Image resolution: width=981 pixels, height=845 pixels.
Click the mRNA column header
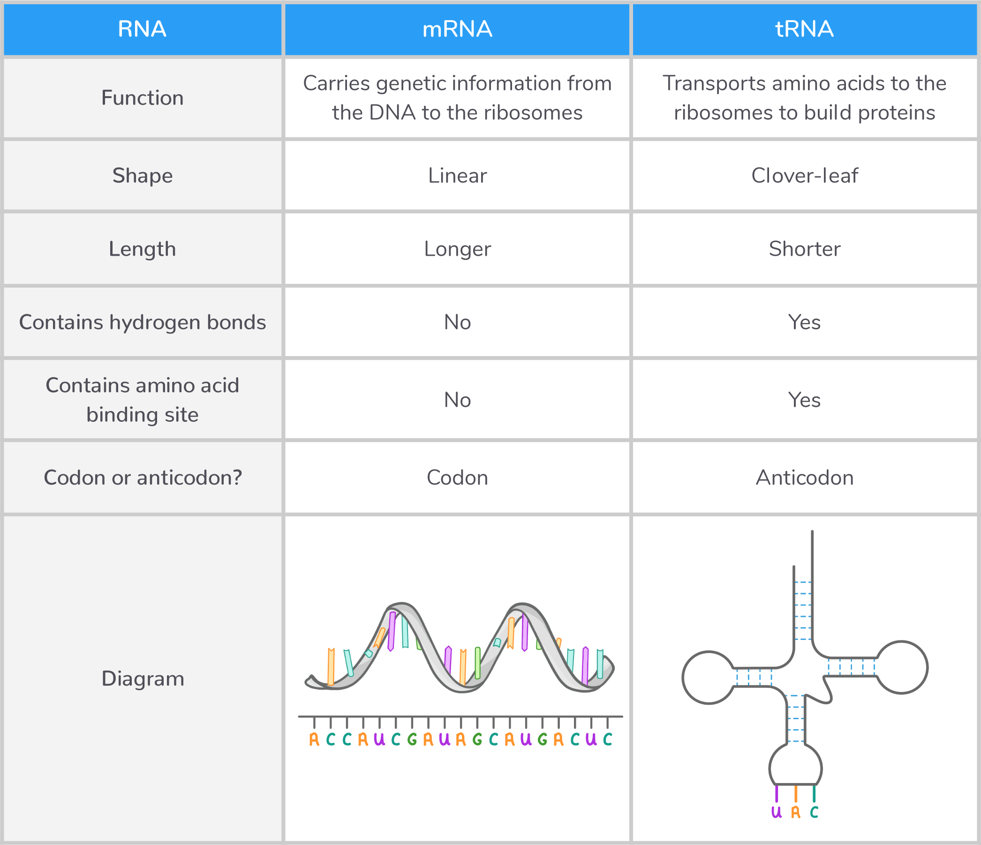coord(457,30)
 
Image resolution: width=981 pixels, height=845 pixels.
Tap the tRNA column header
coord(804,30)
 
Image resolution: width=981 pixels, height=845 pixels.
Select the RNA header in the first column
coord(142,30)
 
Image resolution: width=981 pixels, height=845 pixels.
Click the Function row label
coord(142,98)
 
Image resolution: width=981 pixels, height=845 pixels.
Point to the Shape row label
coord(142,176)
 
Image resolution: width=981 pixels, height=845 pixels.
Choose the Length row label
coord(142,249)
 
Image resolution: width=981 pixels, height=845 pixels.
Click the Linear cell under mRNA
coord(457,176)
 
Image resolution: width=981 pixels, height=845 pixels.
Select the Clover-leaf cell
coord(804,176)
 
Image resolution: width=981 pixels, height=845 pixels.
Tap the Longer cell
coord(457,249)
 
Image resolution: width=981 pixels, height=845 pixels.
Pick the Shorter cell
coord(804,249)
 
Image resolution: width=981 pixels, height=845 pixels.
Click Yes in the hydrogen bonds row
coord(804,322)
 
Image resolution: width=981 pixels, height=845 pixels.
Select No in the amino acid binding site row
coord(457,400)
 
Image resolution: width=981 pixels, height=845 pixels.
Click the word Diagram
coord(142,679)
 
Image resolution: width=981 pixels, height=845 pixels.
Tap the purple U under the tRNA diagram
coord(776,812)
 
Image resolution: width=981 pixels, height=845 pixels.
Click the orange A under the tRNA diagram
coord(796,812)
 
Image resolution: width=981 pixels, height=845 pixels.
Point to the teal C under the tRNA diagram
coord(814,812)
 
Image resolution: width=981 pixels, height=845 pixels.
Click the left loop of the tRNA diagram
coord(708,678)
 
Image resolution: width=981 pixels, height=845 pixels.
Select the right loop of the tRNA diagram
coord(901,667)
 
